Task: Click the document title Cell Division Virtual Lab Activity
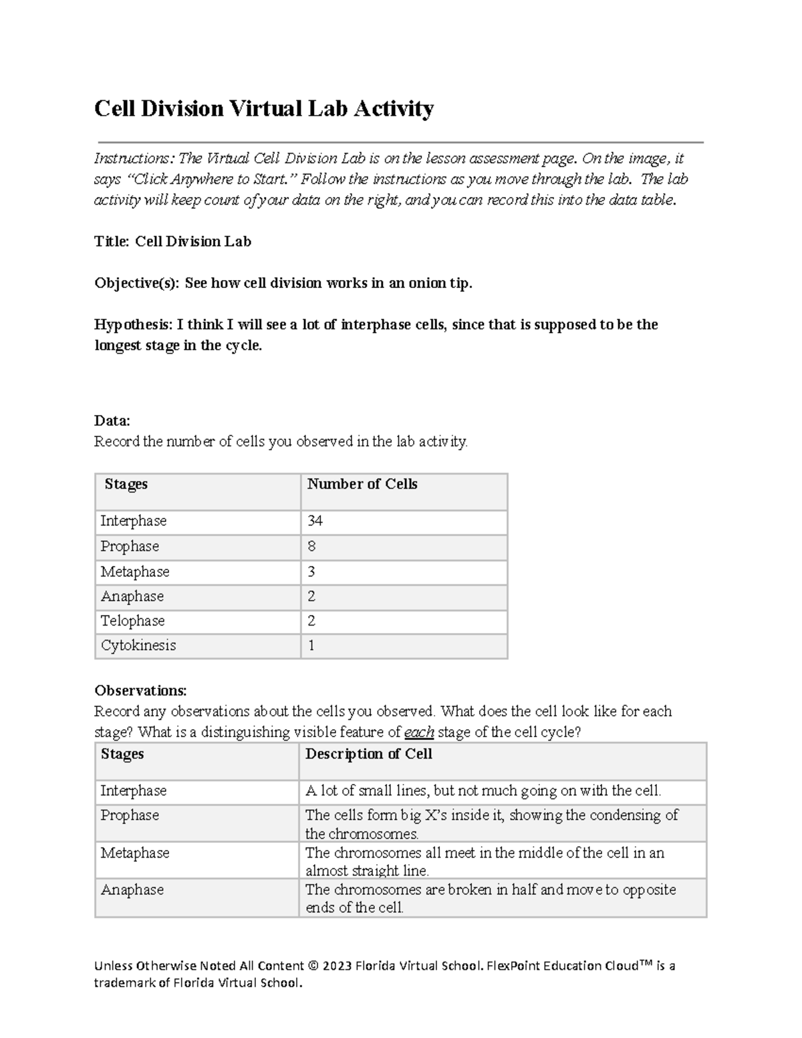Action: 264,108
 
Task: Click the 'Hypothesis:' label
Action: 132,325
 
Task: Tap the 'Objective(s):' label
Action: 136,283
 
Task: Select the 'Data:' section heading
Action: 112,420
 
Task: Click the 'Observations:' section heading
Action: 140,690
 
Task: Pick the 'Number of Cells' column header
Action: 362,485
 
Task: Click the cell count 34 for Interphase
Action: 315,521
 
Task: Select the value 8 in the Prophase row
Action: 311,546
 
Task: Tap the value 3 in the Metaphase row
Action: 311,571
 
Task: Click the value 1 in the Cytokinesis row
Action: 311,646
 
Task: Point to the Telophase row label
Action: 132,621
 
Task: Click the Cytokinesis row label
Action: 138,646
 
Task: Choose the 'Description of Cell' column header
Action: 368,754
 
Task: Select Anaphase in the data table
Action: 132,596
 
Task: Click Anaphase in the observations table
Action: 132,890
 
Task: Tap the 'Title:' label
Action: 112,242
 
